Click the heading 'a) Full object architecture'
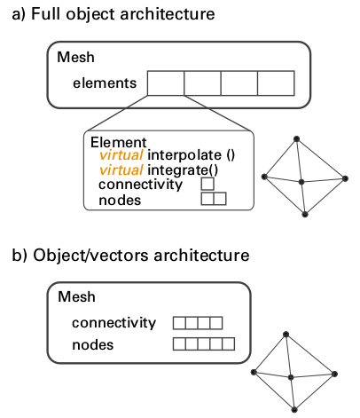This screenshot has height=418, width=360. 113,14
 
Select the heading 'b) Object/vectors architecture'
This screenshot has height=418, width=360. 130,255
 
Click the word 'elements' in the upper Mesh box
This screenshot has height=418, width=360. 105,83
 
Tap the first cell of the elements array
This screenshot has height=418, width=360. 166,83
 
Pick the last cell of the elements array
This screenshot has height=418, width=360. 276,83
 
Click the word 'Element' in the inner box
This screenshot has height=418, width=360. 119,142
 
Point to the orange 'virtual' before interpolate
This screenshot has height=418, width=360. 121,155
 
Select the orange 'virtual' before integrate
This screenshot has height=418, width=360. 121,170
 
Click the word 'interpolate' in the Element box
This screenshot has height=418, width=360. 184,155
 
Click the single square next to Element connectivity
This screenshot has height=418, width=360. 207,184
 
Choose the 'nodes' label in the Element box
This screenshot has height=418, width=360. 120,201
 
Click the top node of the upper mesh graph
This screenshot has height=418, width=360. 296,138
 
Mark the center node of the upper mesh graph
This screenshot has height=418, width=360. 301,182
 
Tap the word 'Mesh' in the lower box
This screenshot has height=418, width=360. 76,296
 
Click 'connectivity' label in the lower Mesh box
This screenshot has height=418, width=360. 113,322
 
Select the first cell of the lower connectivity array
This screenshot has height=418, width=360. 179,323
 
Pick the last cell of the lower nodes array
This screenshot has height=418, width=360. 229,344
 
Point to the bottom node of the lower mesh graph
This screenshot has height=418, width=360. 294,410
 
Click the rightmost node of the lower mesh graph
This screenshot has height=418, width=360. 334,374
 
